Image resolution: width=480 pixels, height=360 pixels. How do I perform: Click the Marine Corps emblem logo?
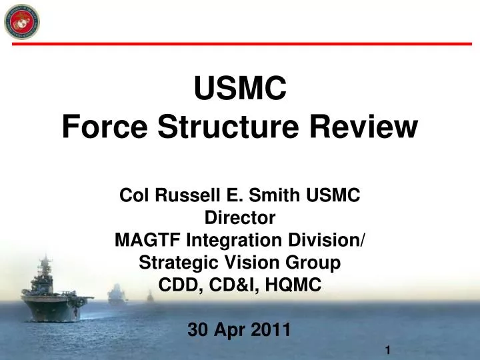21,21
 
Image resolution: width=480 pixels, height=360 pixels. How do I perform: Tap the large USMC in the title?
239,88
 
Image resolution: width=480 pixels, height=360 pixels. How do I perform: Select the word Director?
239,217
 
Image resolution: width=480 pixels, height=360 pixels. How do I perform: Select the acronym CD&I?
235,285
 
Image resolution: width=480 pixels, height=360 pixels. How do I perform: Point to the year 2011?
271,330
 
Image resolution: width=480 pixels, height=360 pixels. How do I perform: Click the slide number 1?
387,351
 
